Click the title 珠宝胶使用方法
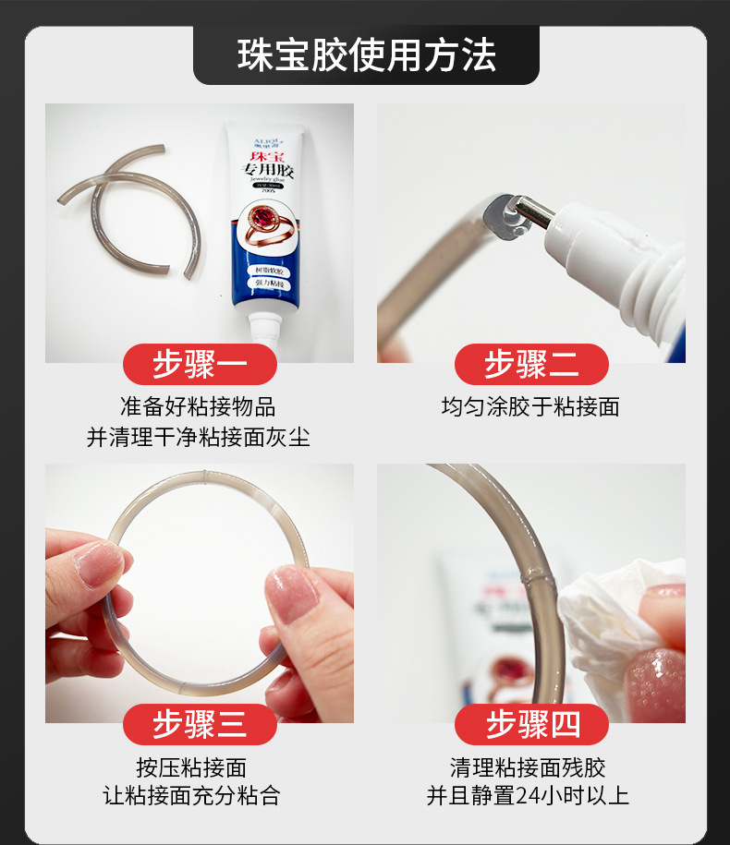pos(366,55)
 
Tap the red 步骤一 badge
pos(200,365)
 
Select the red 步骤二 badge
pos(531,365)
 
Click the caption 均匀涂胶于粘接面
pos(530,406)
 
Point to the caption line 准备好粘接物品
pos(198,406)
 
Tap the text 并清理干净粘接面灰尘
pos(198,437)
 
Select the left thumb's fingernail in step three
pos(100,563)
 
